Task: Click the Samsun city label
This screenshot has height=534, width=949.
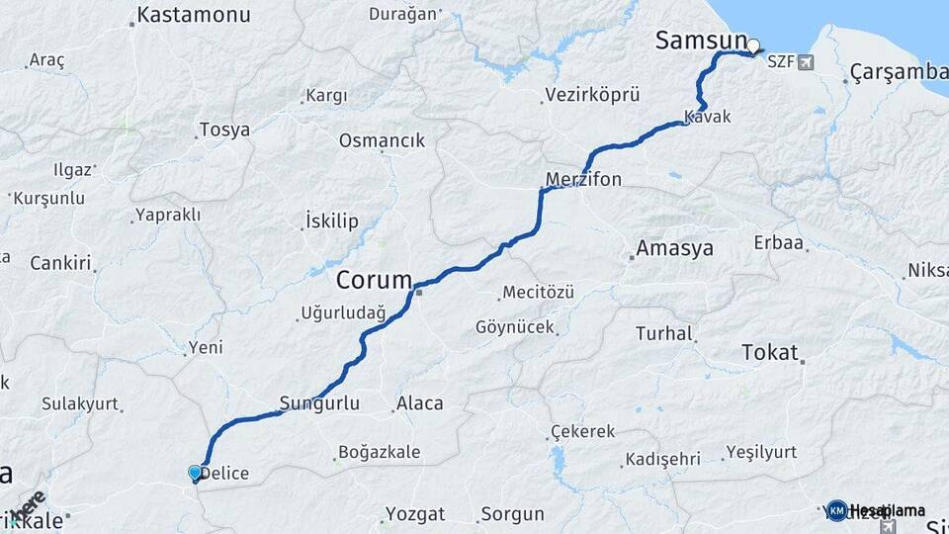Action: pyautogui.click(x=700, y=41)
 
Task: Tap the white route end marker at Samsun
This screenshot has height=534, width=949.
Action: pyautogui.click(x=754, y=45)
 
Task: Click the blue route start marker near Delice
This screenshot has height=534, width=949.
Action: pyautogui.click(x=195, y=474)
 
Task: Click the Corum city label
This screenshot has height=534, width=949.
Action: pyautogui.click(x=374, y=281)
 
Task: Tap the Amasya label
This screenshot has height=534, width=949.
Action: pyautogui.click(x=675, y=248)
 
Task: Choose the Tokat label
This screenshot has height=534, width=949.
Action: pyautogui.click(x=768, y=353)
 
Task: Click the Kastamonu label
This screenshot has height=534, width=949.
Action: pyautogui.click(x=194, y=15)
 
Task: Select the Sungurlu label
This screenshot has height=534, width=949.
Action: pyautogui.click(x=318, y=402)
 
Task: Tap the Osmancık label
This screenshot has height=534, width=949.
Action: pyautogui.click(x=382, y=140)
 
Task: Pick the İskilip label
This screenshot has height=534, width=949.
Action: pyautogui.click(x=332, y=221)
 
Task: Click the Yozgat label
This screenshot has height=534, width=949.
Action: pyautogui.click(x=416, y=514)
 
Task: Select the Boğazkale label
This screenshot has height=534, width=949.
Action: pyautogui.click(x=379, y=452)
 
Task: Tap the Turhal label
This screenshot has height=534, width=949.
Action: pyautogui.click(x=664, y=334)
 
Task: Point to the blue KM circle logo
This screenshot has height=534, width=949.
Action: pyautogui.click(x=836, y=510)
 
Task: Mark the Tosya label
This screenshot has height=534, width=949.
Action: pyautogui.click(x=224, y=130)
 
